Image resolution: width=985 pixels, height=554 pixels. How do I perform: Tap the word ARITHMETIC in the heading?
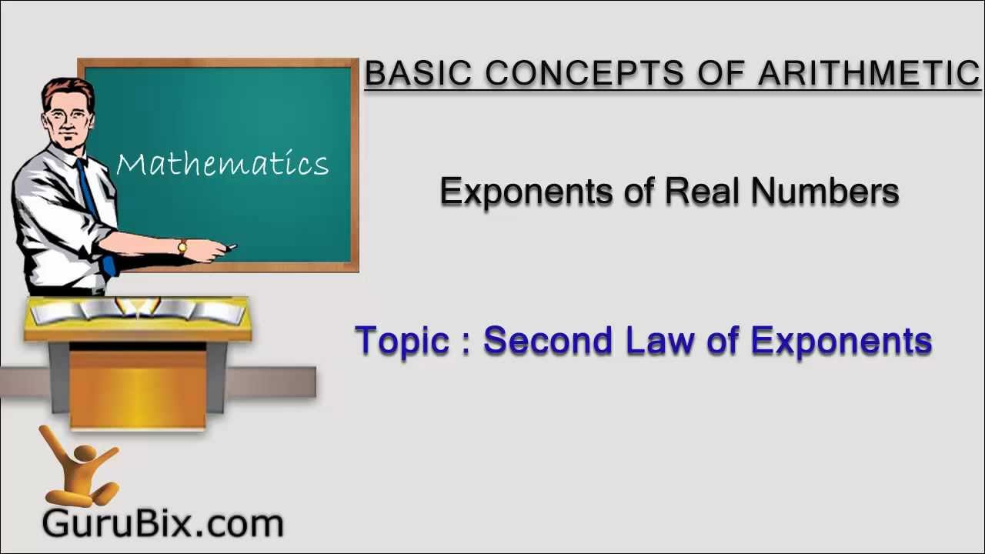coord(869,73)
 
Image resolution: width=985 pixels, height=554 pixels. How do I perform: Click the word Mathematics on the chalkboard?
coord(222,164)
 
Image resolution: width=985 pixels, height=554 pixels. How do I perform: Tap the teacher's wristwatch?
coord(182,247)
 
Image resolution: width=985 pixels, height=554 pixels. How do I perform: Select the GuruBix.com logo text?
coord(162,524)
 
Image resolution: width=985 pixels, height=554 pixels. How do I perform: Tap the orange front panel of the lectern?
coord(138,389)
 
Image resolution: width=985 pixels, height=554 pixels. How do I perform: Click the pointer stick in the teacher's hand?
coord(229,248)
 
